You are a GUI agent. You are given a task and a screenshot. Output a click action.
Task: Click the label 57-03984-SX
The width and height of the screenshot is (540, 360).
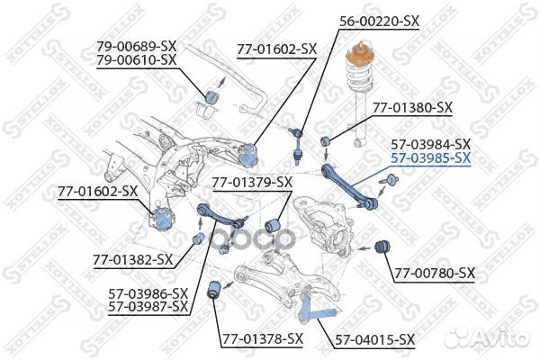click(430, 144)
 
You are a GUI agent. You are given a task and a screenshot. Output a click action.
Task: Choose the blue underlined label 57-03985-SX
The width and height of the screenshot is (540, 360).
click(430, 158)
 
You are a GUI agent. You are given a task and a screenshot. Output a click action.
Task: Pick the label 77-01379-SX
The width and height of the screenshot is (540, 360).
click(252, 183)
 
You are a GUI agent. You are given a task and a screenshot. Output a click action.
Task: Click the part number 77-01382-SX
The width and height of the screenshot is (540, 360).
click(131, 260)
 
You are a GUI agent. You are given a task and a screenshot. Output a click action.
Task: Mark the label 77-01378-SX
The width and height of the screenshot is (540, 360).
click(262, 338)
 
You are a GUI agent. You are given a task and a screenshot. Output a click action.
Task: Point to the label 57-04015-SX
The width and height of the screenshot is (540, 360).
click(375, 338)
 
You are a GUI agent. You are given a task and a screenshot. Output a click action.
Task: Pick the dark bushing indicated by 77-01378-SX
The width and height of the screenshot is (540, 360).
click(215, 291)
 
